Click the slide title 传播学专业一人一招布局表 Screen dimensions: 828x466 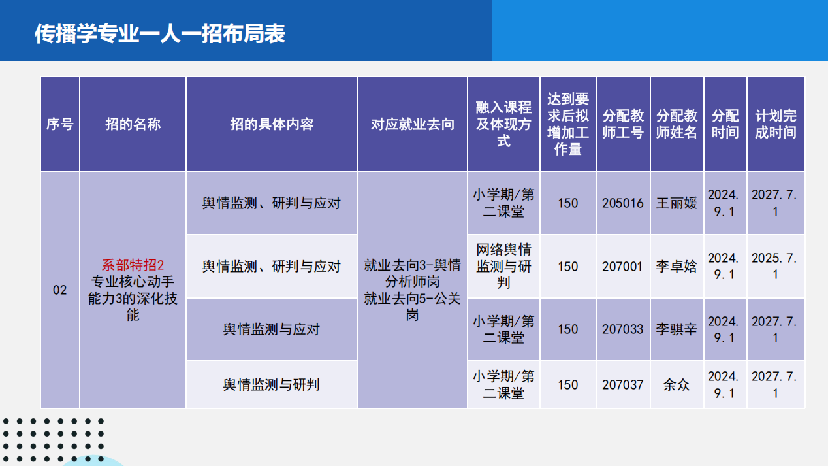160,33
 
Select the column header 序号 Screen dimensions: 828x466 60,124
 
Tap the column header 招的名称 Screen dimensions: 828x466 133,124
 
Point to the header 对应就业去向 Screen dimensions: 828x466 413,124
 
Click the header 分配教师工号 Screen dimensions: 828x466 623,124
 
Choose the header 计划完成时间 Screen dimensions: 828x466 776,124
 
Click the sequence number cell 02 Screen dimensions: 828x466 60,290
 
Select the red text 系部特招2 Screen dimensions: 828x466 133,265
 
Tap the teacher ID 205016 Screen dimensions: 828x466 623,203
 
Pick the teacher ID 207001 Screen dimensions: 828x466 623,266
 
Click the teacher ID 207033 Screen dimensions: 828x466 623,329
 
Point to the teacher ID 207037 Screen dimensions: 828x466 623,385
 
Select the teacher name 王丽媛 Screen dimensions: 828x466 677,203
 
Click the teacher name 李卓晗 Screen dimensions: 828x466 677,266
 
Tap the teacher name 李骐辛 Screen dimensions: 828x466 677,329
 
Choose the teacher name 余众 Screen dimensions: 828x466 677,385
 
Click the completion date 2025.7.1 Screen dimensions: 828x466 774,266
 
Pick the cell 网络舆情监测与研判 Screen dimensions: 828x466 504,266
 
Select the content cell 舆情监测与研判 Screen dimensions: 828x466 271,385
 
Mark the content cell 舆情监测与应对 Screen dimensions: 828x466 271,329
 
